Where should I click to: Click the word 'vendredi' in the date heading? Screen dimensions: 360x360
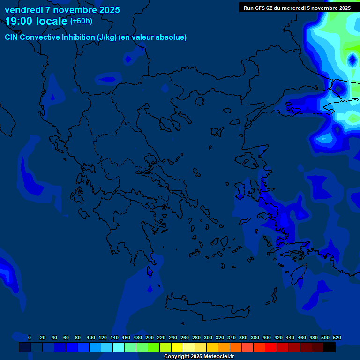tap(24, 10)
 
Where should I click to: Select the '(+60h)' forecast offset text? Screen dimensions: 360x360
tap(81, 21)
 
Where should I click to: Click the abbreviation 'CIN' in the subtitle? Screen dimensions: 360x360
tap(12, 37)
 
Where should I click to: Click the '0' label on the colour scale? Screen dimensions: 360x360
tap(30, 337)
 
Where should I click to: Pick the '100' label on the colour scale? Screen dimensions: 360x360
tap(91, 337)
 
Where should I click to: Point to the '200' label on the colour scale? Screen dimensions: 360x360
tap(150, 337)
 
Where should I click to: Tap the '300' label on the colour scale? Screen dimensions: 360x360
tap(208, 337)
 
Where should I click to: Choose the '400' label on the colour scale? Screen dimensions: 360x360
tap(267, 337)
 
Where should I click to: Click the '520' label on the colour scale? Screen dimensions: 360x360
tap(337, 337)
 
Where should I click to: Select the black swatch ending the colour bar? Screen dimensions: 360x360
tap(330, 347)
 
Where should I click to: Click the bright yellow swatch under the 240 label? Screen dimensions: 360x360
tap(177, 347)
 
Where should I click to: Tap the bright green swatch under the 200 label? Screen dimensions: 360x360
tap(154, 347)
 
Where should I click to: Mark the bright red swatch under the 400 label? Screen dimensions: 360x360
tap(271, 347)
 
